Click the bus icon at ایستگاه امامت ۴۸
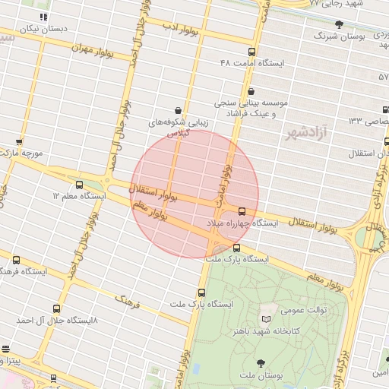coord(251,52)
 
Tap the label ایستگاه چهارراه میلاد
coord(242,223)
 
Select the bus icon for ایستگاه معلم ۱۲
coord(80,185)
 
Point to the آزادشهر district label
coord(305,134)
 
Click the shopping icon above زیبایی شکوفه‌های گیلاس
coord(178,110)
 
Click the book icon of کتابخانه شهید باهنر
coord(265,318)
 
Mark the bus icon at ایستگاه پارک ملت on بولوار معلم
coord(237,248)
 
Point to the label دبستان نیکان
coord(44,28)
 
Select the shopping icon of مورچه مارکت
coord(19,141)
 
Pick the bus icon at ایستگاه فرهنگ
coord(17,260)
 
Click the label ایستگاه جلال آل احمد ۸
coord(56,321)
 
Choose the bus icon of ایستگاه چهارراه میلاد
coord(242,211)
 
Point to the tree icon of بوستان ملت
coord(261,362)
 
